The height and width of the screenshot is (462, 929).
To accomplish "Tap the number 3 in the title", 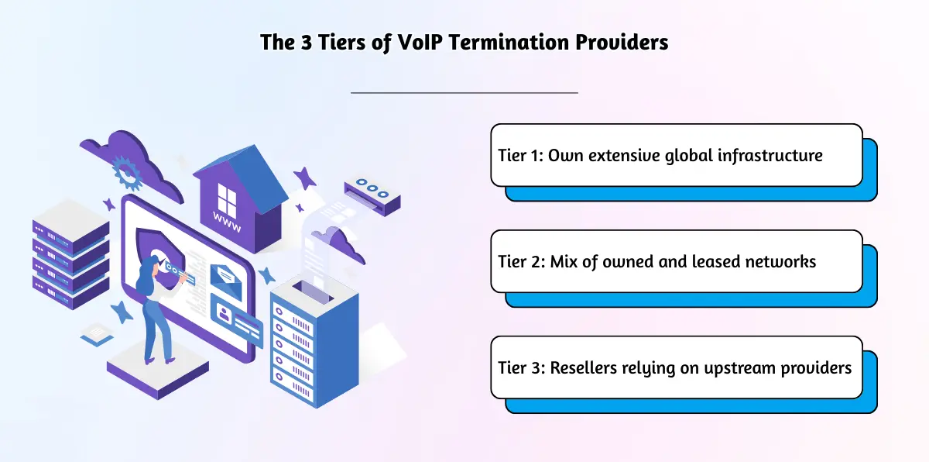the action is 306,43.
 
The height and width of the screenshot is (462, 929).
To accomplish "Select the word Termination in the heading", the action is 509,43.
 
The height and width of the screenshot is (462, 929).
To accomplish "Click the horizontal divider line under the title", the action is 464,92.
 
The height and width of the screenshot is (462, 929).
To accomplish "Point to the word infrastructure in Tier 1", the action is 770,156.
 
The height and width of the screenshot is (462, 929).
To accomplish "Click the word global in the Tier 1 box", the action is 689,156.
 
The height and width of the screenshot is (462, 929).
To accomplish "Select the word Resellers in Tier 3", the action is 583,367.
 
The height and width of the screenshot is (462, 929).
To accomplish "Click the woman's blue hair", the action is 146,275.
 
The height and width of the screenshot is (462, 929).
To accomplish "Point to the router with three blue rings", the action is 372,195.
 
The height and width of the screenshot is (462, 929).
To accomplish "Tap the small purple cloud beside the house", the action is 339,244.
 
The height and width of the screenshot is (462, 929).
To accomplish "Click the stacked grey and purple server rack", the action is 71,254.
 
